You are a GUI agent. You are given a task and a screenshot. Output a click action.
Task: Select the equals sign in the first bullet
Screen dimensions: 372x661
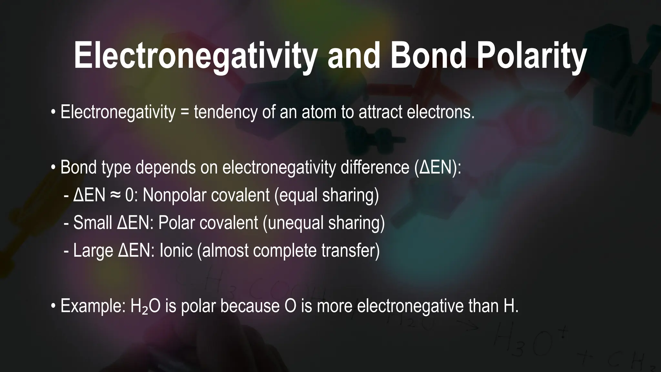[x=185, y=112]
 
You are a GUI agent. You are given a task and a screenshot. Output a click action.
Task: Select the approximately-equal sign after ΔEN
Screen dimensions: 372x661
[x=115, y=195]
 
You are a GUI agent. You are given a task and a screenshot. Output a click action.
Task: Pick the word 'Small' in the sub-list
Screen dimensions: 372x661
[x=92, y=223]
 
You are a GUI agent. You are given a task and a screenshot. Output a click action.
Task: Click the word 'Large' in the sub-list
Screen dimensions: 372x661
[x=93, y=251]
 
